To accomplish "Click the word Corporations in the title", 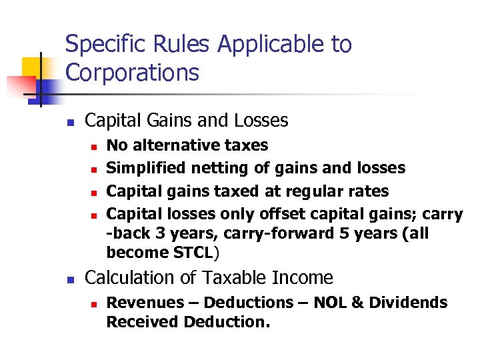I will point(132,72).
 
